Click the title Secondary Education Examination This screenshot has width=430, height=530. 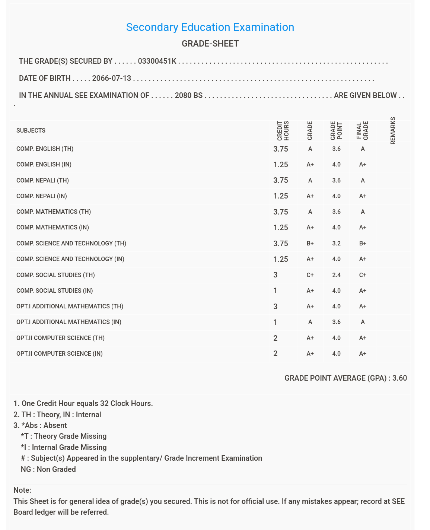210,27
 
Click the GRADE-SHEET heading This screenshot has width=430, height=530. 210,44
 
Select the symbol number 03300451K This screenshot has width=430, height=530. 157,61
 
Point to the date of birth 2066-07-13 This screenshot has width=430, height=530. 112,78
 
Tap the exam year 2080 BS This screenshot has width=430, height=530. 188,95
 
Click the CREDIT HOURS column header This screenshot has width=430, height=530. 283,131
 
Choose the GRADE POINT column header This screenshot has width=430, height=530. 336,131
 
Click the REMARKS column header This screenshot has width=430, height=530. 393,131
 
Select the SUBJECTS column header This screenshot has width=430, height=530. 31,131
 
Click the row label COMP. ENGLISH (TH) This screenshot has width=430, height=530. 45,149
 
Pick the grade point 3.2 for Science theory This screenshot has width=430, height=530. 336,244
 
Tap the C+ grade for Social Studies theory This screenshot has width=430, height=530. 310,275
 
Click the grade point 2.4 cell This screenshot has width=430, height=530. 336,275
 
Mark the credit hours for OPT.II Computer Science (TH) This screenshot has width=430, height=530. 275,338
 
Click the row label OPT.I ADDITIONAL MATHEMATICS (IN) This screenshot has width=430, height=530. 69,322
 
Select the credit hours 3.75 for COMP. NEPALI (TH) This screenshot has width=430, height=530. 281,181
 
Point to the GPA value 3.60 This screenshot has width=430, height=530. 399,378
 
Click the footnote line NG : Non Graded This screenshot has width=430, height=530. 48,469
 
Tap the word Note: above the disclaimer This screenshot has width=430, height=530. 22,490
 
